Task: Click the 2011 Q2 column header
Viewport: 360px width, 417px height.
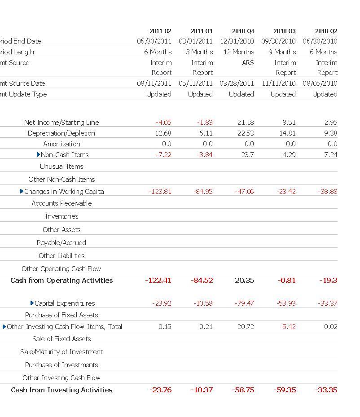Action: click(x=160, y=31)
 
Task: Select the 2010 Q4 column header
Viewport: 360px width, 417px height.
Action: click(x=243, y=31)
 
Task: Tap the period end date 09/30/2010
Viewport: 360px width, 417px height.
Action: click(x=278, y=41)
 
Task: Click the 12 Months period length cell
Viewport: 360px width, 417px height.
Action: click(x=239, y=52)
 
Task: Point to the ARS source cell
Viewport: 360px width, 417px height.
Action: click(x=248, y=62)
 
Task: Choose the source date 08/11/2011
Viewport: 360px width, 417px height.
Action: click(x=154, y=83)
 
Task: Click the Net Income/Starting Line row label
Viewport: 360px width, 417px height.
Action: click(x=61, y=122)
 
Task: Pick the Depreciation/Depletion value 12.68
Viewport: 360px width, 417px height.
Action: click(x=163, y=133)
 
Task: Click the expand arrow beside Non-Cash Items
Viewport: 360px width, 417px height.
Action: click(x=39, y=154)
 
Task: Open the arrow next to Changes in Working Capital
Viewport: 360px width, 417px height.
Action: click(x=22, y=191)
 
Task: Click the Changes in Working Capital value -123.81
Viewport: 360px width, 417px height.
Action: click(x=160, y=191)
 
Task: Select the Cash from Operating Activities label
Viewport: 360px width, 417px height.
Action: click(x=61, y=280)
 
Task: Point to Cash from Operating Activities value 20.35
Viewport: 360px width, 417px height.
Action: click(x=244, y=280)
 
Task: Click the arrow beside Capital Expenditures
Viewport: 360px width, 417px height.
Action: click(x=32, y=303)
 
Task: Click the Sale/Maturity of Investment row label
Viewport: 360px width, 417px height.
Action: click(x=61, y=351)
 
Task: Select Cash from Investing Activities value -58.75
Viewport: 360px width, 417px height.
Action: click(x=243, y=390)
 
